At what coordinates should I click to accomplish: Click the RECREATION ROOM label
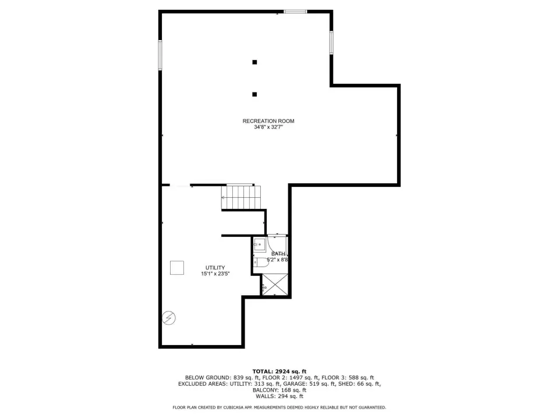click(268, 121)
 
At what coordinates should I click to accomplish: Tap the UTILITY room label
click(215, 268)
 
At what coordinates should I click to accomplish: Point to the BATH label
click(278, 254)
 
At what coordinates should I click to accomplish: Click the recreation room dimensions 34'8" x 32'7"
click(268, 127)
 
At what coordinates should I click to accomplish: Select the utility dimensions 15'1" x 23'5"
click(215, 274)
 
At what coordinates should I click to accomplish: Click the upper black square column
click(254, 62)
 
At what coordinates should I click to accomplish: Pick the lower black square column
click(254, 94)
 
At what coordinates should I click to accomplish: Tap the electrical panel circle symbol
click(169, 318)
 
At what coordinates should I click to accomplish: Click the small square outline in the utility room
click(177, 268)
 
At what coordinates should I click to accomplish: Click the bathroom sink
click(260, 244)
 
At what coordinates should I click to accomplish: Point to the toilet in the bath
click(261, 262)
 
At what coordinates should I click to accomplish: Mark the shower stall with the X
click(275, 284)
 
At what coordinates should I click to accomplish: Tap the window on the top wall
click(295, 12)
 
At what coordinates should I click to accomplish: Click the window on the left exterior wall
click(160, 55)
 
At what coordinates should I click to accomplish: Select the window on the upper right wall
click(331, 42)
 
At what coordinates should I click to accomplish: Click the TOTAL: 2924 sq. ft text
click(279, 372)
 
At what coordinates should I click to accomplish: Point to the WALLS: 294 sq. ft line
click(279, 396)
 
